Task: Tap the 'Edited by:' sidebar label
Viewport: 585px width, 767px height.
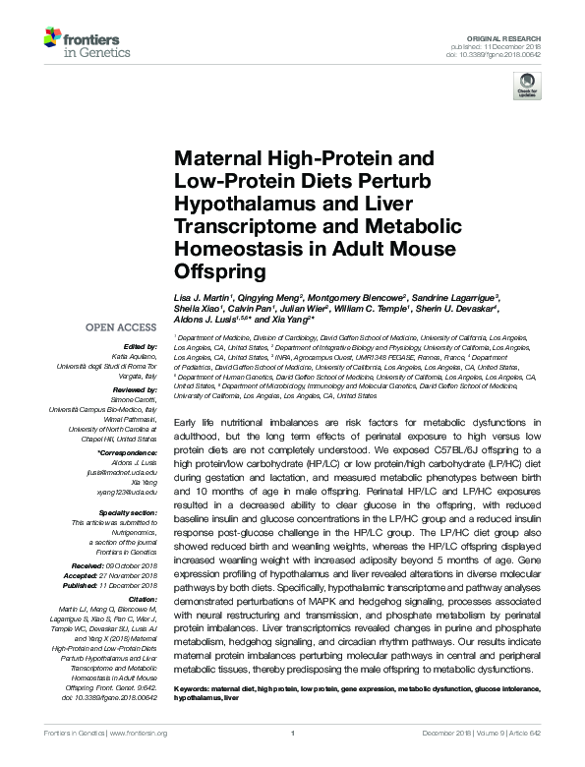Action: pyautogui.click(x=142, y=348)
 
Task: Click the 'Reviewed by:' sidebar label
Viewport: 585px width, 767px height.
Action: pyautogui.click(x=136, y=390)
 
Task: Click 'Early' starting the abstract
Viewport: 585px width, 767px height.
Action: pyautogui.click(x=186, y=420)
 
